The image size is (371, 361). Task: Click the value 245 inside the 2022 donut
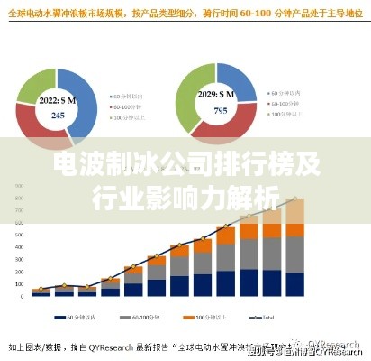pyautogui.click(x=58, y=116)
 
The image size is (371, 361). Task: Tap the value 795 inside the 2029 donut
pyautogui.click(x=220, y=111)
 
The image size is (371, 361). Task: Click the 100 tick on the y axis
pyautogui.click(x=19, y=282)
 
